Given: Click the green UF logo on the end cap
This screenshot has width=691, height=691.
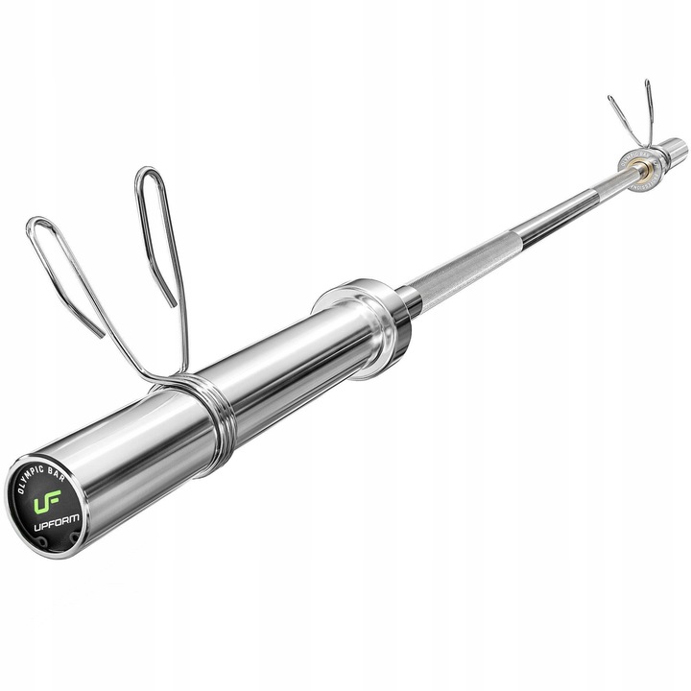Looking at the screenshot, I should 48,502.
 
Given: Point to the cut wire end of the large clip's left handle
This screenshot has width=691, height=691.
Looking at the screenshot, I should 102,334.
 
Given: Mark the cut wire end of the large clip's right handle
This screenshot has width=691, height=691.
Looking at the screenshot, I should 175,304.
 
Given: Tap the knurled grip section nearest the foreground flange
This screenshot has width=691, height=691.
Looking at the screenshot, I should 461,269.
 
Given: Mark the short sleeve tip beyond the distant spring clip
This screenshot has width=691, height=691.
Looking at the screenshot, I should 675,148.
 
